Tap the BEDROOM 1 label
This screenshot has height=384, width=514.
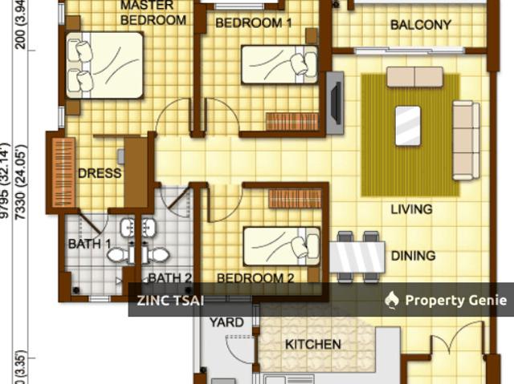tap(254, 23)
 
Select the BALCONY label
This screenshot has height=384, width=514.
tap(420, 25)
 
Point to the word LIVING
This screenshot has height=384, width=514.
tap(411, 209)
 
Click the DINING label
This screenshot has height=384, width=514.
tap(413, 256)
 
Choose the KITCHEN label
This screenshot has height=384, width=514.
tap(313, 345)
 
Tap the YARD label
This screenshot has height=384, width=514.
tap(226, 322)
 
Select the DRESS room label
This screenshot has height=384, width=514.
tap(100, 173)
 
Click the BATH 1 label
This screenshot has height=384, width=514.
tap(89, 244)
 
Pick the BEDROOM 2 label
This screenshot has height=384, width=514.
tap(255, 278)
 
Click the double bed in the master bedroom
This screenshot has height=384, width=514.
tap(105, 65)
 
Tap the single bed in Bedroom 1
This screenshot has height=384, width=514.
tap(279, 65)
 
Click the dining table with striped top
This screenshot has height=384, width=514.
tap(357, 257)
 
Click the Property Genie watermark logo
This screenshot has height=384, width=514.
tap(392, 300)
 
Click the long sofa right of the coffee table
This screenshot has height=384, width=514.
tap(465, 140)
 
